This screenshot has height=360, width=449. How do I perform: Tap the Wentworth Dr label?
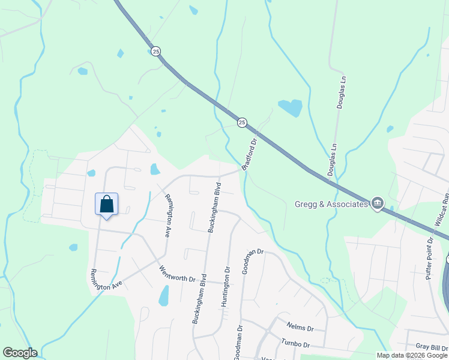[x=177, y=274]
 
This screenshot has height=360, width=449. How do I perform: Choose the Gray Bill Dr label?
[x=432, y=347]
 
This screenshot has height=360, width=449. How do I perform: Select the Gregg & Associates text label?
[x=331, y=205]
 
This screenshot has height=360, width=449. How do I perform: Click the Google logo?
[x=20, y=353]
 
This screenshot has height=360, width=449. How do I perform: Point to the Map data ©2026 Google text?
[x=411, y=355]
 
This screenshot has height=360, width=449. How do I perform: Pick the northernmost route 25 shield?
[x=156, y=52]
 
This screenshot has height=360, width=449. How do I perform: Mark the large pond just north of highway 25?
[x=291, y=108]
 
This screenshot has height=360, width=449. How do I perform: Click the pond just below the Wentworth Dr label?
[x=163, y=296]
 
